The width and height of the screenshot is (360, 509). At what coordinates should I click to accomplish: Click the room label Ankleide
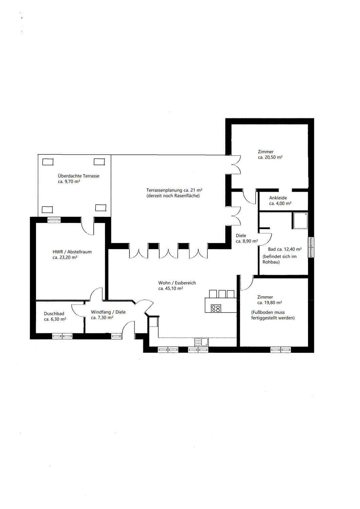click(x=278, y=198)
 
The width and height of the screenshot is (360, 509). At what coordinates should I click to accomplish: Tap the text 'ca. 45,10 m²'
click(x=171, y=288)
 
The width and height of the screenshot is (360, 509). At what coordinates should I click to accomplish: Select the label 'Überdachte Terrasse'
click(x=78, y=176)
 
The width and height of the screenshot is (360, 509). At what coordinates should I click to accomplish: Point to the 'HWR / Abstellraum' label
click(x=72, y=252)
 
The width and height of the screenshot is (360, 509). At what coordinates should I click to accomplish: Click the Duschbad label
click(x=54, y=314)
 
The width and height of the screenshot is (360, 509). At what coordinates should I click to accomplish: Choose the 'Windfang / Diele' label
click(x=108, y=312)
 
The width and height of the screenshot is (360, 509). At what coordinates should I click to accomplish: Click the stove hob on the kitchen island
click(x=216, y=308)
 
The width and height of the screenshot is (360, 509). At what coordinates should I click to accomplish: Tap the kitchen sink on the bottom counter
click(x=201, y=342)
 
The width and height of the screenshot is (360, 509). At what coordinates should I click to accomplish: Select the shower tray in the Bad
click(x=300, y=221)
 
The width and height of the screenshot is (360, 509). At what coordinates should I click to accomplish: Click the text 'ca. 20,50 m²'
click(x=270, y=157)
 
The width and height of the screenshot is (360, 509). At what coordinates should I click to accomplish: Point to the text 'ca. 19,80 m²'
click(x=270, y=303)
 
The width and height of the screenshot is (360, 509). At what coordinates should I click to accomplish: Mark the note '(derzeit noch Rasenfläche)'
click(x=173, y=196)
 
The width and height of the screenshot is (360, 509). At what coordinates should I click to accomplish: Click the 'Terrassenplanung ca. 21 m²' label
click(x=175, y=190)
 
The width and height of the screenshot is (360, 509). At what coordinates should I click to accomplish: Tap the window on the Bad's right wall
click(x=311, y=247)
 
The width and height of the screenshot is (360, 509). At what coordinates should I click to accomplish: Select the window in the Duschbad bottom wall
click(x=62, y=336)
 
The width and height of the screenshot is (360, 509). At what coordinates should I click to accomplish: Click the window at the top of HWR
click(x=54, y=220)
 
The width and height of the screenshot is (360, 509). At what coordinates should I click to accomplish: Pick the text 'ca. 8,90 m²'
click(x=247, y=241)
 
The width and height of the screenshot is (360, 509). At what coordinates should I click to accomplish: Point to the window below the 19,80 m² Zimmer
click(x=281, y=350)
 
